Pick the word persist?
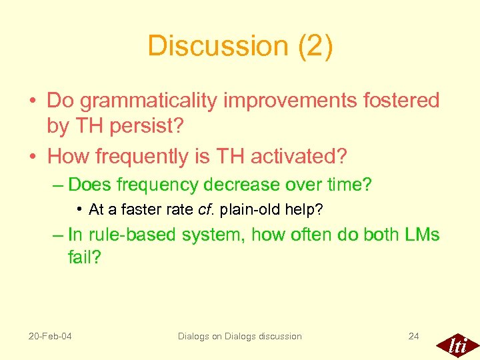click(x=153, y=125)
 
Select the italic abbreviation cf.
click(x=205, y=210)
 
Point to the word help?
click(x=305, y=210)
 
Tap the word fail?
click(x=84, y=257)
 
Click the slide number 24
click(x=413, y=336)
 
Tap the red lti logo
click(x=457, y=344)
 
